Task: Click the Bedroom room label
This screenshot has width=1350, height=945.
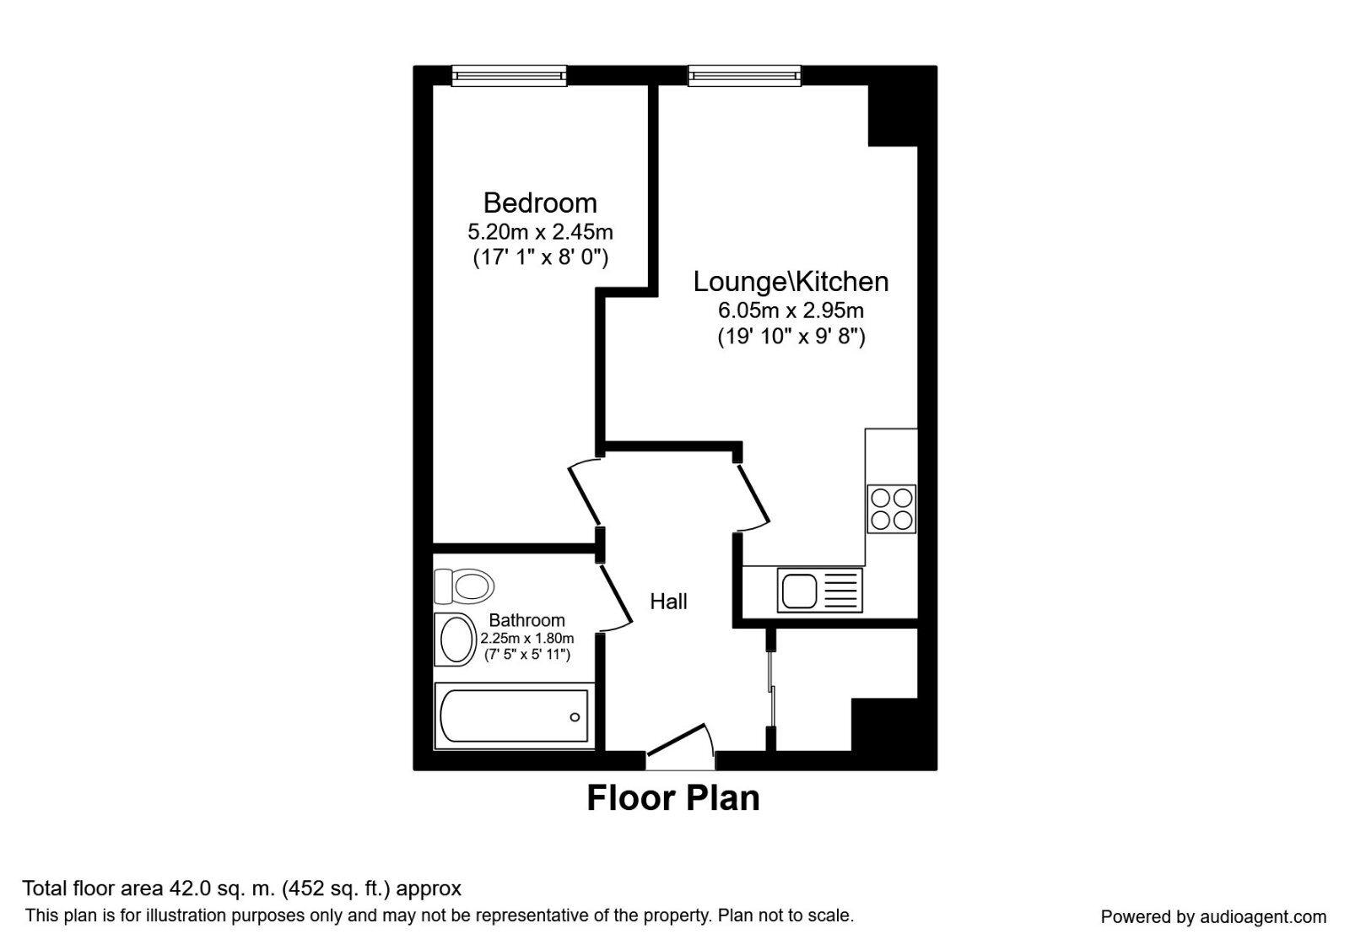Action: point(540,202)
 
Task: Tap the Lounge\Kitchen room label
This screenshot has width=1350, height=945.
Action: point(791,281)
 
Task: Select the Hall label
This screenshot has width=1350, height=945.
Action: point(668,602)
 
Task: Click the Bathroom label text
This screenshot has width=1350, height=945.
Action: point(526,620)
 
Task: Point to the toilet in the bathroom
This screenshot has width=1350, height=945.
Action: point(464,585)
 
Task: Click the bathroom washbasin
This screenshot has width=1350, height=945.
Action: point(456,640)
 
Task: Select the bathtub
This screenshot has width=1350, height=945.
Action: point(513,716)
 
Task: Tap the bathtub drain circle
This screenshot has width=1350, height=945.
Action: point(575,717)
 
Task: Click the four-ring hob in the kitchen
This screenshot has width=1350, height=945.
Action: point(892,508)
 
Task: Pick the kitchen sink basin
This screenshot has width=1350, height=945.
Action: point(798,590)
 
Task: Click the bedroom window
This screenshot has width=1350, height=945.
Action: point(509,76)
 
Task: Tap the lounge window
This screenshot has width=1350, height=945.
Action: point(744,76)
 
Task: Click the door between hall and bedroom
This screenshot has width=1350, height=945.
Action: point(584,494)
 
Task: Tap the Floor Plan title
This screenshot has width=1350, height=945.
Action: point(673,798)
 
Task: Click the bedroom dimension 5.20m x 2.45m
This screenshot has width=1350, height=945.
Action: point(540,231)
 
